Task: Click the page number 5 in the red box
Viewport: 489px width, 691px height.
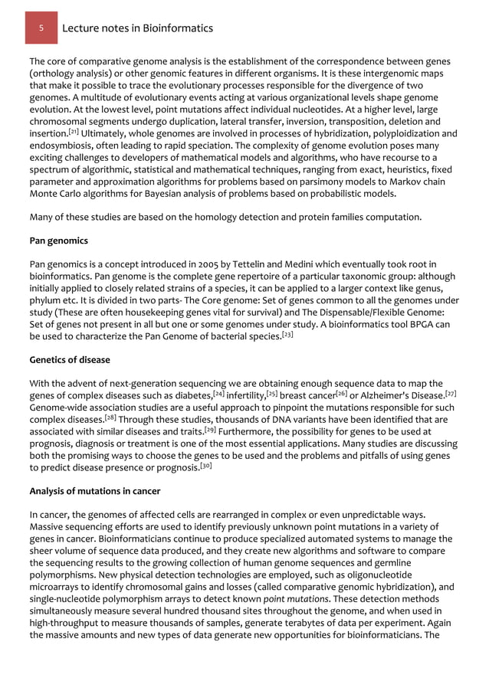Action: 43,28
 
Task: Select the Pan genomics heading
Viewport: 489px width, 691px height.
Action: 59,241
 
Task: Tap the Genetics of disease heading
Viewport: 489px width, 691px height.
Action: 70,359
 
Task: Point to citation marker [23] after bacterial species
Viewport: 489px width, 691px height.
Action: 287,334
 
